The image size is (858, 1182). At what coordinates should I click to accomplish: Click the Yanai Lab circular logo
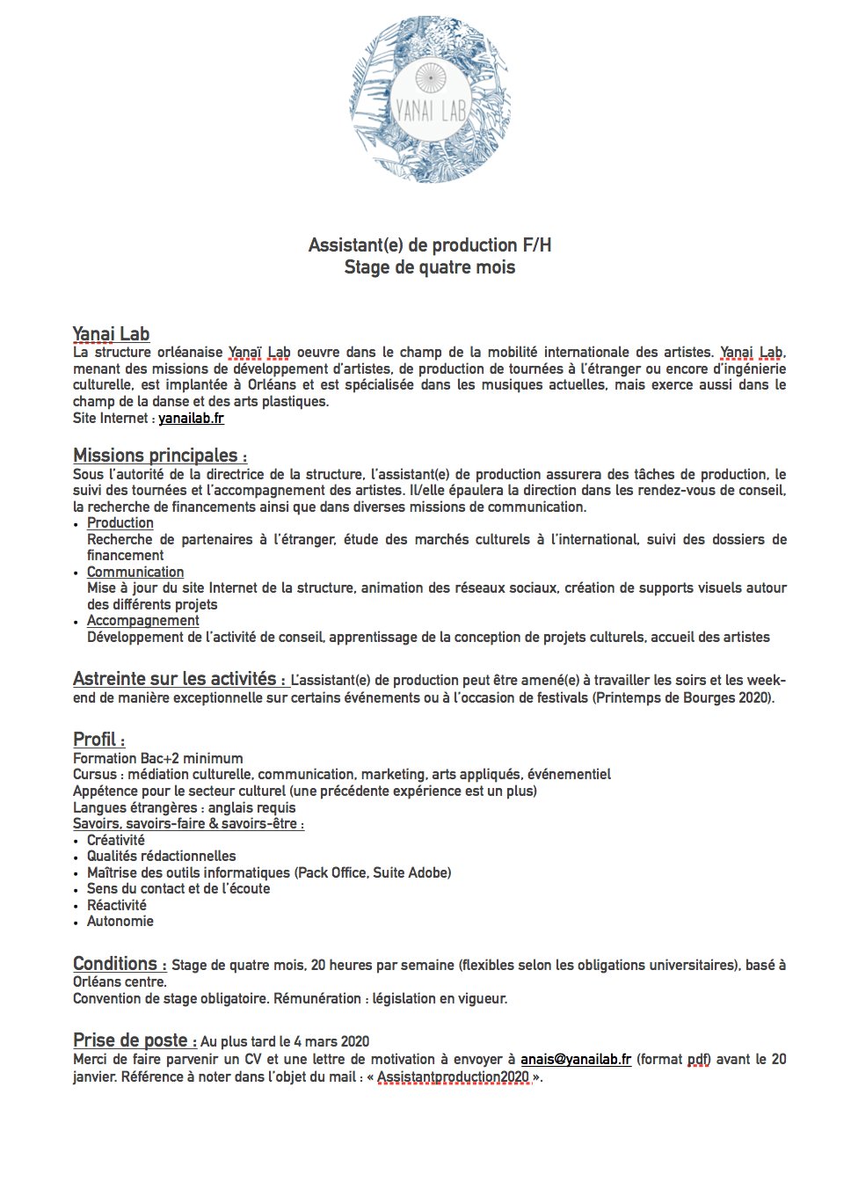point(430,98)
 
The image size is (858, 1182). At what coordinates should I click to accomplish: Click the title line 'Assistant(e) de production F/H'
point(430,245)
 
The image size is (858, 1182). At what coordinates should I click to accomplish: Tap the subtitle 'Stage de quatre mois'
point(430,267)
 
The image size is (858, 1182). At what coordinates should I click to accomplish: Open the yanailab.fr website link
point(191,419)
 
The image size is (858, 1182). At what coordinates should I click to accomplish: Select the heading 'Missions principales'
point(156,456)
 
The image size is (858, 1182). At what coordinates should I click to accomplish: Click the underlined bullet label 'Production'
point(120,523)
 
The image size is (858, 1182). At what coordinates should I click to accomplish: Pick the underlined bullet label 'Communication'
point(135,573)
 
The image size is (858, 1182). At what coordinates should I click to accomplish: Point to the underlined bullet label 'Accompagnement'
point(143,621)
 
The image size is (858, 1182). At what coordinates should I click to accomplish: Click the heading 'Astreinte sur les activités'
point(175,679)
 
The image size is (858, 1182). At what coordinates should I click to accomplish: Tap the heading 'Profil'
point(95,740)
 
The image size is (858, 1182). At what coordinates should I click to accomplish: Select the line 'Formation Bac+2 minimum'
point(158,758)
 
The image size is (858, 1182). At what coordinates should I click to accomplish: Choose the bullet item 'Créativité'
point(116,841)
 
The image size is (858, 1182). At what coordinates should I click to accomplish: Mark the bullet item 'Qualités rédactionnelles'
point(162,857)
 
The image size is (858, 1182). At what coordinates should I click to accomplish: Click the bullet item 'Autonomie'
point(120,922)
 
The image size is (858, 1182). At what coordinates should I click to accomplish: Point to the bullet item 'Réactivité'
point(117,906)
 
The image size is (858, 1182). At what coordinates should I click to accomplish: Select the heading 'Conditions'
point(115,964)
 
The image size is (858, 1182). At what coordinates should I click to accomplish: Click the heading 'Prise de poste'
point(130,1040)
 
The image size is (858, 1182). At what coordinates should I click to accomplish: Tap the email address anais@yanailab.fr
point(576,1060)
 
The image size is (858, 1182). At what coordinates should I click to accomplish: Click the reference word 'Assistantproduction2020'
point(454,1077)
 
